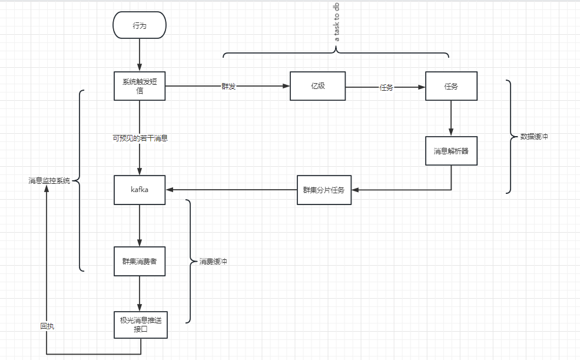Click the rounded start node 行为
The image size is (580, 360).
[x=140, y=25]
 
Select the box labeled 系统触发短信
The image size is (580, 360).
[x=140, y=86]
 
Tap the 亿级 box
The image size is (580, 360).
[x=318, y=86]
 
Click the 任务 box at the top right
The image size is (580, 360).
[x=451, y=86]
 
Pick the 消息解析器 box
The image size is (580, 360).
[x=451, y=151]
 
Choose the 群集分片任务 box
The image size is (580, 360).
[x=324, y=190]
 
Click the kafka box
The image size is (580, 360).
[x=140, y=190]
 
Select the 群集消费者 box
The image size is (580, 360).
[x=140, y=261]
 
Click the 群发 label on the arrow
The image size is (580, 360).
[x=228, y=87]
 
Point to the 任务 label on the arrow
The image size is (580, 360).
[x=386, y=87]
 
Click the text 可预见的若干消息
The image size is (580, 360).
[x=140, y=138]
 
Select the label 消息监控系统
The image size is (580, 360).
[x=49, y=180]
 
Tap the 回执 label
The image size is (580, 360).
[x=47, y=326]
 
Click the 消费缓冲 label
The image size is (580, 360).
[x=213, y=261]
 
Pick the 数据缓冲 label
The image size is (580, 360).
[x=534, y=137]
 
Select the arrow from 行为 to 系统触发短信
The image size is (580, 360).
[x=140, y=55]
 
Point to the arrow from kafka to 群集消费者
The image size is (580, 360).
[x=140, y=226]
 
